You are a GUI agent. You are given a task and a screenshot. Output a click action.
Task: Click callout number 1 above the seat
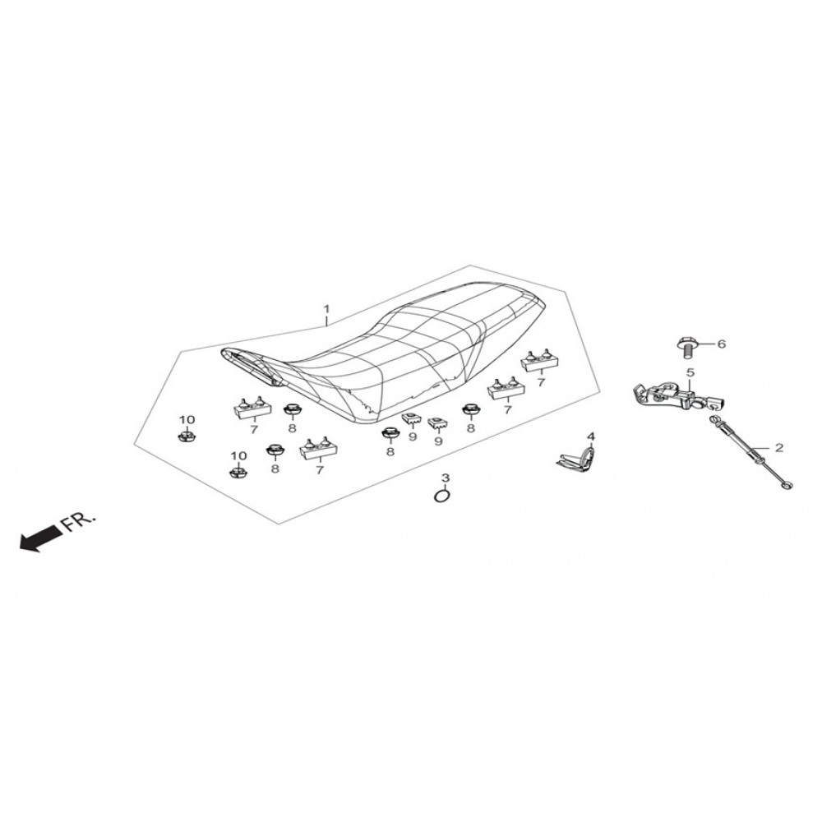pos(326,309)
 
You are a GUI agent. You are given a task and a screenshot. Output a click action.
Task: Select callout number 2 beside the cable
pos(779,447)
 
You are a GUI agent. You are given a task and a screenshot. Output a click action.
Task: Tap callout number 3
pos(445,478)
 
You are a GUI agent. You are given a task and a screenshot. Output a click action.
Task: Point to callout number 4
pos(591,436)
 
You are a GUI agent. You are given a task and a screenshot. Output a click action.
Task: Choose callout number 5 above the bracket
pos(690,372)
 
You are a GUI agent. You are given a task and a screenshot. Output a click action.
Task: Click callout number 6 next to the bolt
pos(722,344)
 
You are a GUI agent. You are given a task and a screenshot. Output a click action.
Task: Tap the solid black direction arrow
pos(39,539)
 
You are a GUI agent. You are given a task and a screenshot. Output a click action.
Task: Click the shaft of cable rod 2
pos(750,450)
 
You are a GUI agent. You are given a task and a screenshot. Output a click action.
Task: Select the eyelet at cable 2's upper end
pos(713,418)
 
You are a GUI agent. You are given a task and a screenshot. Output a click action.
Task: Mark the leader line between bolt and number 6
pos(704,344)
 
